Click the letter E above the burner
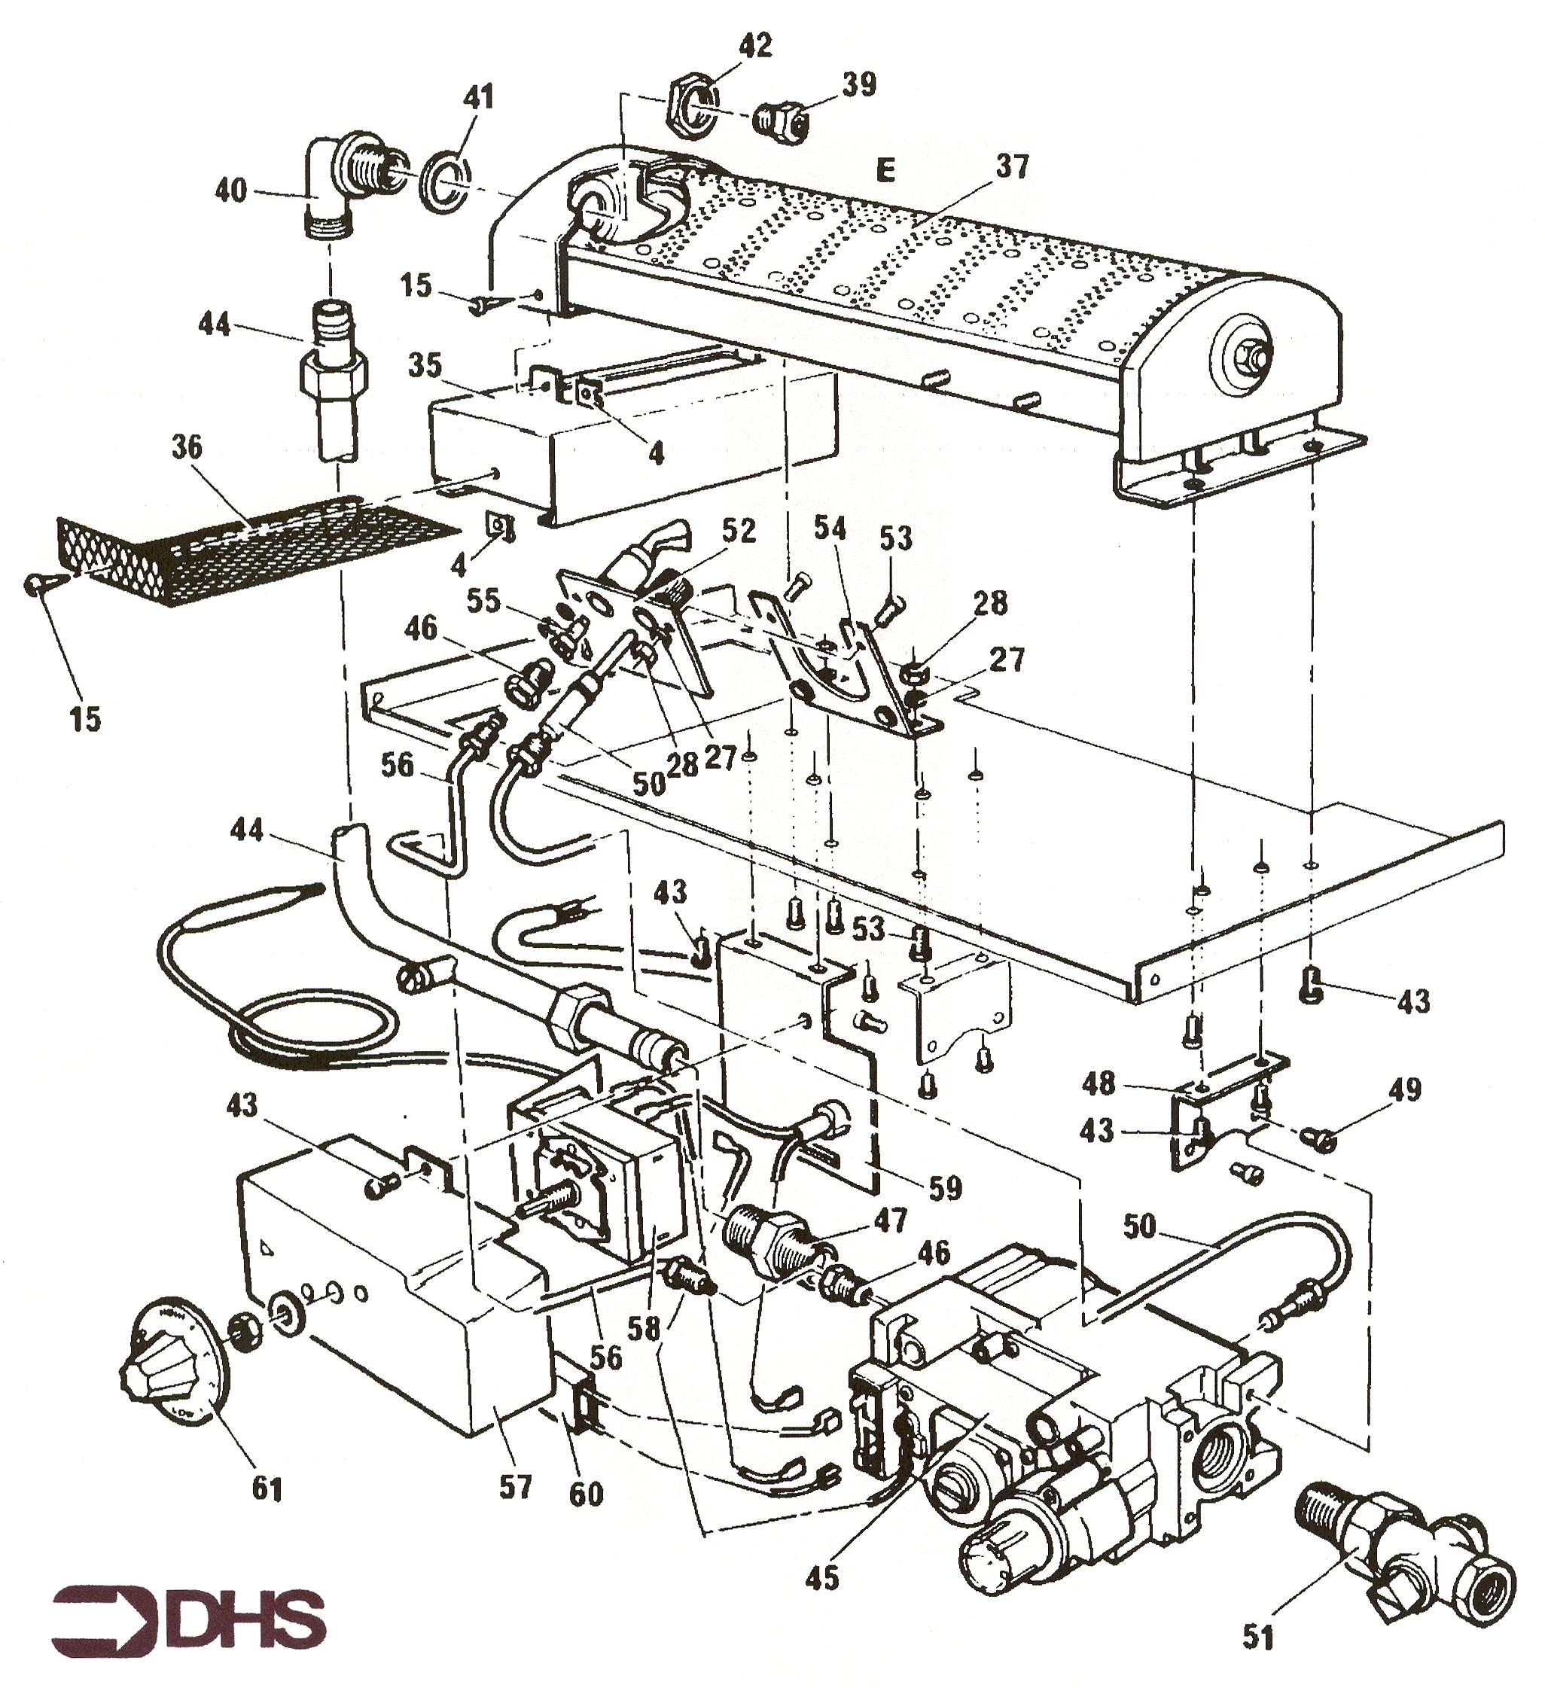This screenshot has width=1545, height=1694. tap(884, 171)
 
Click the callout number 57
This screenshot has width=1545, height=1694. tap(514, 1487)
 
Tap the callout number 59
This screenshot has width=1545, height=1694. tap(943, 1187)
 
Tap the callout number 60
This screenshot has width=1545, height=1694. tap(586, 1493)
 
